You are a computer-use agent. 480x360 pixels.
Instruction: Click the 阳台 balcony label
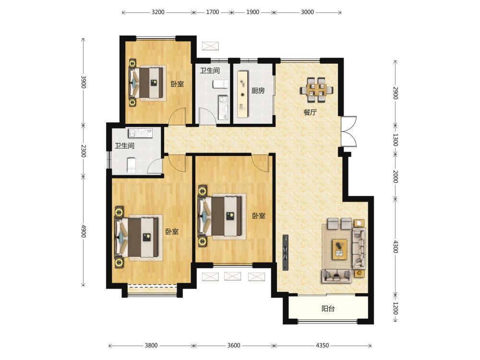pyautogui.click(x=328, y=309)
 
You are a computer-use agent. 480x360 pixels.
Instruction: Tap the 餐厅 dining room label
pyautogui.click(x=310, y=112)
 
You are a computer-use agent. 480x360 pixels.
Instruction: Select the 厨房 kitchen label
pyautogui.click(x=258, y=91)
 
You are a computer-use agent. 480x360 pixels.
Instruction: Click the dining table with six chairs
pyautogui.click(x=316, y=90)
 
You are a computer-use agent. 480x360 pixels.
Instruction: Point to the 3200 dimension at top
pyautogui.click(x=158, y=12)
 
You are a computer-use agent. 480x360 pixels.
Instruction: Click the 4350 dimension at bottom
pyautogui.click(x=322, y=345)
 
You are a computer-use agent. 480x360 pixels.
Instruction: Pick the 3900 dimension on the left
pyautogui.click(x=83, y=82)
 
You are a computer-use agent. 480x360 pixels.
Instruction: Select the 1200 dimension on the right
pyautogui.click(x=395, y=308)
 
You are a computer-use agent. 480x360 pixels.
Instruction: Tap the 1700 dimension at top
pyautogui.click(x=213, y=12)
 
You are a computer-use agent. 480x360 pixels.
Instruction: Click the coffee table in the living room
pyautogui.click(x=340, y=249)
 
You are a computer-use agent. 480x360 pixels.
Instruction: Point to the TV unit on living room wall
pyautogui.click(x=286, y=252)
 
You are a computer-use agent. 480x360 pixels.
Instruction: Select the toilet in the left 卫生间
pyautogui.click(x=131, y=165)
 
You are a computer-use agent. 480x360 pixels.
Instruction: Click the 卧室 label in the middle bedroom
pyautogui.click(x=259, y=216)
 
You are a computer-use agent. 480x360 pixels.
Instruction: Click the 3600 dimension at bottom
pyautogui.click(x=234, y=345)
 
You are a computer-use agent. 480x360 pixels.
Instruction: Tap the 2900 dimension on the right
pyautogui.click(x=395, y=93)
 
